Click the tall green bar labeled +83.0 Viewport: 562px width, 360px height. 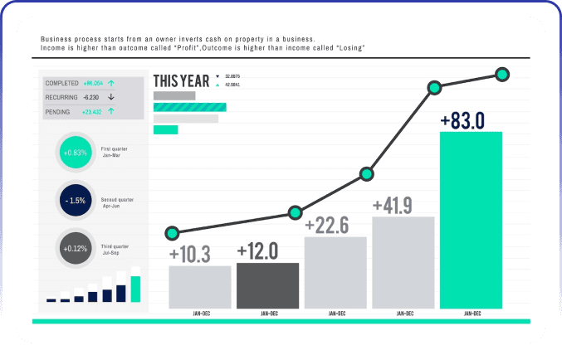pyautogui.click(x=471, y=220)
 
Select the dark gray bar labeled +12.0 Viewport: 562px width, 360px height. pyautogui.click(x=267, y=285)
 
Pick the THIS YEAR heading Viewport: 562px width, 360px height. pyautogui.click(x=181, y=81)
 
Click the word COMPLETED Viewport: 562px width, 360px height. pyautogui.click(x=61, y=83)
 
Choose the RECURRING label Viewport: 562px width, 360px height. pyautogui.click(x=61, y=97)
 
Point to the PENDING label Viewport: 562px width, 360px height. pyautogui.click(x=58, y=111)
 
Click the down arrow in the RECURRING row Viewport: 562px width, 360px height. pyautogui.click(x=110, y=97)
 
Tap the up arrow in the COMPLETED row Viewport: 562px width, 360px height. pyautogui.click(x=111, y=83)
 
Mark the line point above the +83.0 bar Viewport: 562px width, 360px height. pyautogui.click(x=501, y=75)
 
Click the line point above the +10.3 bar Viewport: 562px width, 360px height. pyautogui.click(x=172, y=232)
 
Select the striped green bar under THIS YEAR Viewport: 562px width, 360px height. pyautogui.click(x=190, y=107)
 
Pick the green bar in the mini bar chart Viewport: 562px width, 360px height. pyautogui.click(x=135, y=289)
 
